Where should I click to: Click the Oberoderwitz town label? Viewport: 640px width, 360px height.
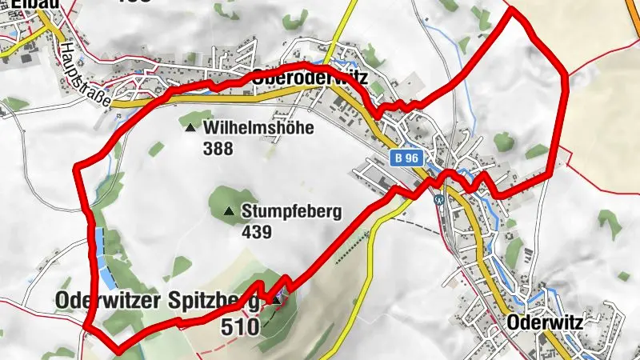[x=309, y=78]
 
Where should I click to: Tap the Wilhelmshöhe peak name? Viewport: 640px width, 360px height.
[x=258, y=128]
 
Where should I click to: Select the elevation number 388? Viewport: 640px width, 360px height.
[x=218, y=148]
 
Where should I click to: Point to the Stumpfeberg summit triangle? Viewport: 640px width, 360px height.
[x=229, y=212]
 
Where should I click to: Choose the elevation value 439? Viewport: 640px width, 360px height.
[x=257, y=232]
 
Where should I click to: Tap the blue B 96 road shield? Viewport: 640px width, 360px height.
[x=406, y=158]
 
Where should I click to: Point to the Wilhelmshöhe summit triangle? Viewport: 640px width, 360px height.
[x=190, y=128]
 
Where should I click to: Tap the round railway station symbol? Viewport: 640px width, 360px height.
[x=439, y=199]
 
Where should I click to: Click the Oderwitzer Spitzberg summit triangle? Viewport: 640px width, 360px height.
[x=278, y=300]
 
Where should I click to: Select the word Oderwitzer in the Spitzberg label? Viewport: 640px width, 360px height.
[x=110, y=301]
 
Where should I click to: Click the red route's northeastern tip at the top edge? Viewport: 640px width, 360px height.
[x=511, y=10]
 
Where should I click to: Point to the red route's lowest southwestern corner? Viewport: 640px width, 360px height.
[x=118, y=350]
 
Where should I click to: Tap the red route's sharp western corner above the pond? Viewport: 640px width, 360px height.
[x=77, y=166]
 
